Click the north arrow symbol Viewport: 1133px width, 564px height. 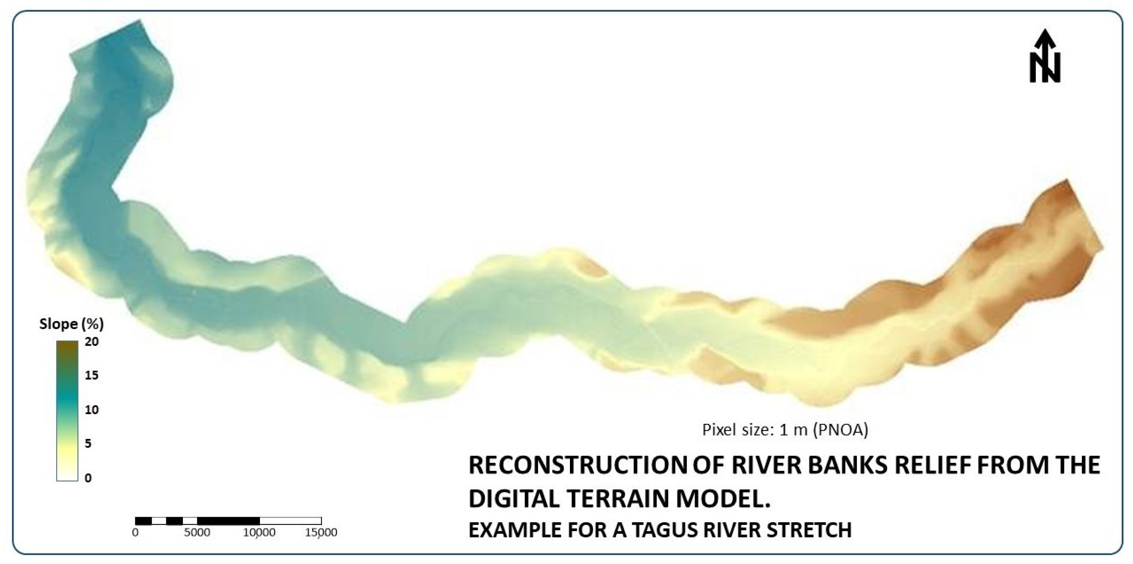tap(1045, 56)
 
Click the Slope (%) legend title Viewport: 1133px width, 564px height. tap(71, 324)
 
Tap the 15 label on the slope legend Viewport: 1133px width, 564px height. tap(91, 375)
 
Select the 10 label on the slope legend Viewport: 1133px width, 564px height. tap(91, 409)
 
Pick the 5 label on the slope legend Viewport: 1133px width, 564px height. tap(88, 443)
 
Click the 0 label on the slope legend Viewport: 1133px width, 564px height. tap(88, 478)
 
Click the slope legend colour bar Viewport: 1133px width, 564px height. tap(67, 411)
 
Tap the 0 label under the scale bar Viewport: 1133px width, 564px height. tap(136, 532)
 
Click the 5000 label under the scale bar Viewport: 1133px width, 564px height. tap(197, 532)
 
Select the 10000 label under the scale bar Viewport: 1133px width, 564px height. tap(260, 532)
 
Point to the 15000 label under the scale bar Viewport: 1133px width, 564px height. tap(321, 532)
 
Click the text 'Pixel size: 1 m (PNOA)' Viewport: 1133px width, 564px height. tap(785, 429)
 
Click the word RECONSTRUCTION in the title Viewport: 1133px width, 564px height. tap(578, 465)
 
